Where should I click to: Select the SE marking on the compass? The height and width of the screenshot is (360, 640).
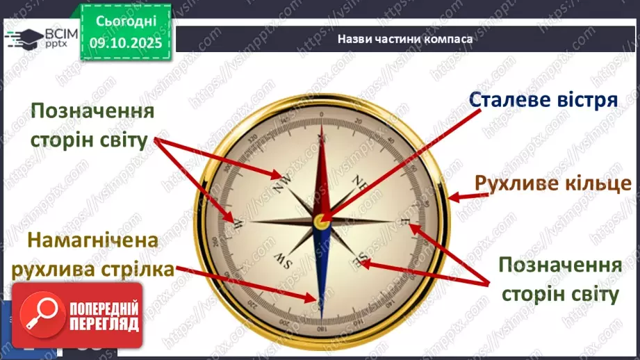pos(360,261)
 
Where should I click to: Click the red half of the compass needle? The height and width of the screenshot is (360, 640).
pos(321,174)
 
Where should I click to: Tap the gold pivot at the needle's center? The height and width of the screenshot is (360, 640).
pos(321,221)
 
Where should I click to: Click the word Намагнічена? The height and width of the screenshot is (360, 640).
pos(93,241)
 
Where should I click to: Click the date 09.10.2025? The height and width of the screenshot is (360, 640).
pos(126,43)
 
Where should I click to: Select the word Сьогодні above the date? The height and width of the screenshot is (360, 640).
pos(125,22)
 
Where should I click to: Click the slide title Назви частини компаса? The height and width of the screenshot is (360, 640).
pos(405,39)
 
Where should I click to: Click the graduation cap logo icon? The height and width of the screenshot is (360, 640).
pos(21,37)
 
